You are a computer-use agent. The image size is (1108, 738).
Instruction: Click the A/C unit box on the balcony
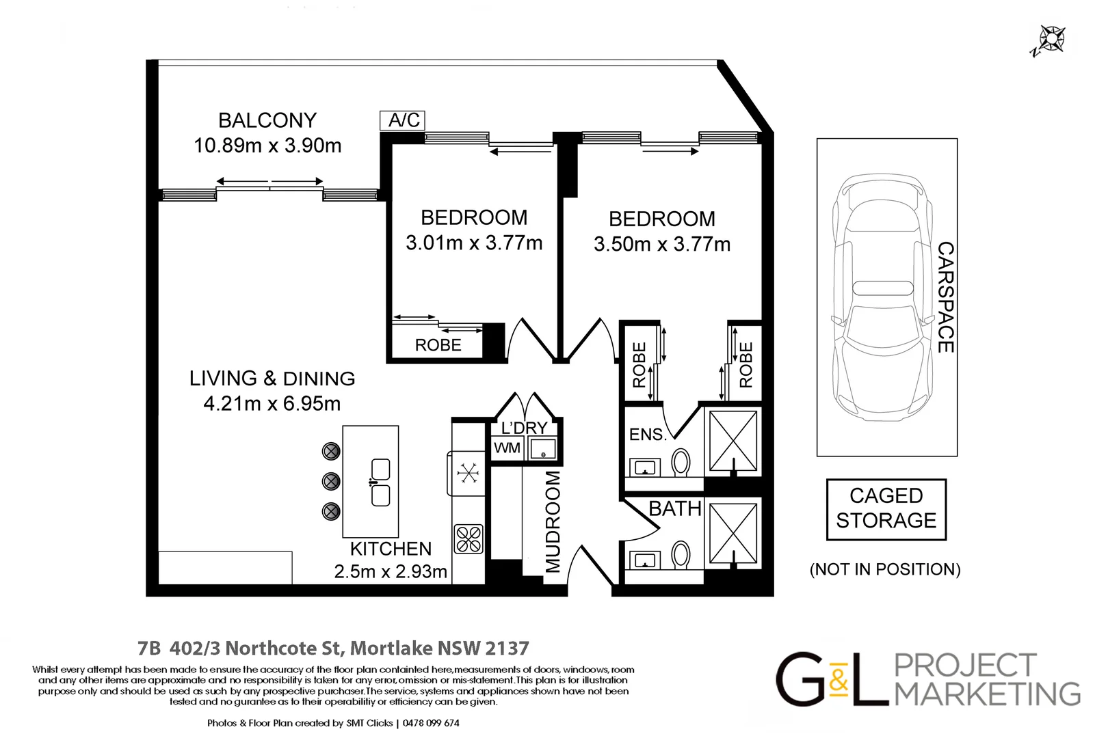(x=402, y=120)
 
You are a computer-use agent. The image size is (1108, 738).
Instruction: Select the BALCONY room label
(x=267, y=121)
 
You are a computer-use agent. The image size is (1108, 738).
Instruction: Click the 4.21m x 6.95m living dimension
(x=272, y=404)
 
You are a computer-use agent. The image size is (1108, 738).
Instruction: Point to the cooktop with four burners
(x=469, y=538)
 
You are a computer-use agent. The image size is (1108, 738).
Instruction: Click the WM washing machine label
(x=507, y=448)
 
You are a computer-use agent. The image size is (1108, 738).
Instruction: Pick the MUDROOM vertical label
(x=553, y=522)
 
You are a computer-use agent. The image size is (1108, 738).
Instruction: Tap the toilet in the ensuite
(x=681, y=463)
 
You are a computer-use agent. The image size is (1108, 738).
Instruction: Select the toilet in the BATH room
(x=681, y=555)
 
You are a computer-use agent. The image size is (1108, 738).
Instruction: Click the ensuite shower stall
(x=733, y=441)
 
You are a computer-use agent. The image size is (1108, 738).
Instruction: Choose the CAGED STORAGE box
(x=886, y=509)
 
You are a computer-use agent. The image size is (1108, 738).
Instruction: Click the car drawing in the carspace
(x=882, y=297)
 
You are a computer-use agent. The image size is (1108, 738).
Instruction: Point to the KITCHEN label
(x=391, y=549)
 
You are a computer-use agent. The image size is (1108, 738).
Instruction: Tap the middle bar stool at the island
(x=331, y=481)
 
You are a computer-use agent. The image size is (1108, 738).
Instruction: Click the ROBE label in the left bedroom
(x=438, y=345)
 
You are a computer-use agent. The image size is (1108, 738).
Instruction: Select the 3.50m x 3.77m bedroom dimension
(x=662, y=244)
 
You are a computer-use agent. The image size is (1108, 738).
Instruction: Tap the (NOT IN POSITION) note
(x=885, y=569)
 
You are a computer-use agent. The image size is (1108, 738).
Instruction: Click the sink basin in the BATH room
(x=644, y=560)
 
